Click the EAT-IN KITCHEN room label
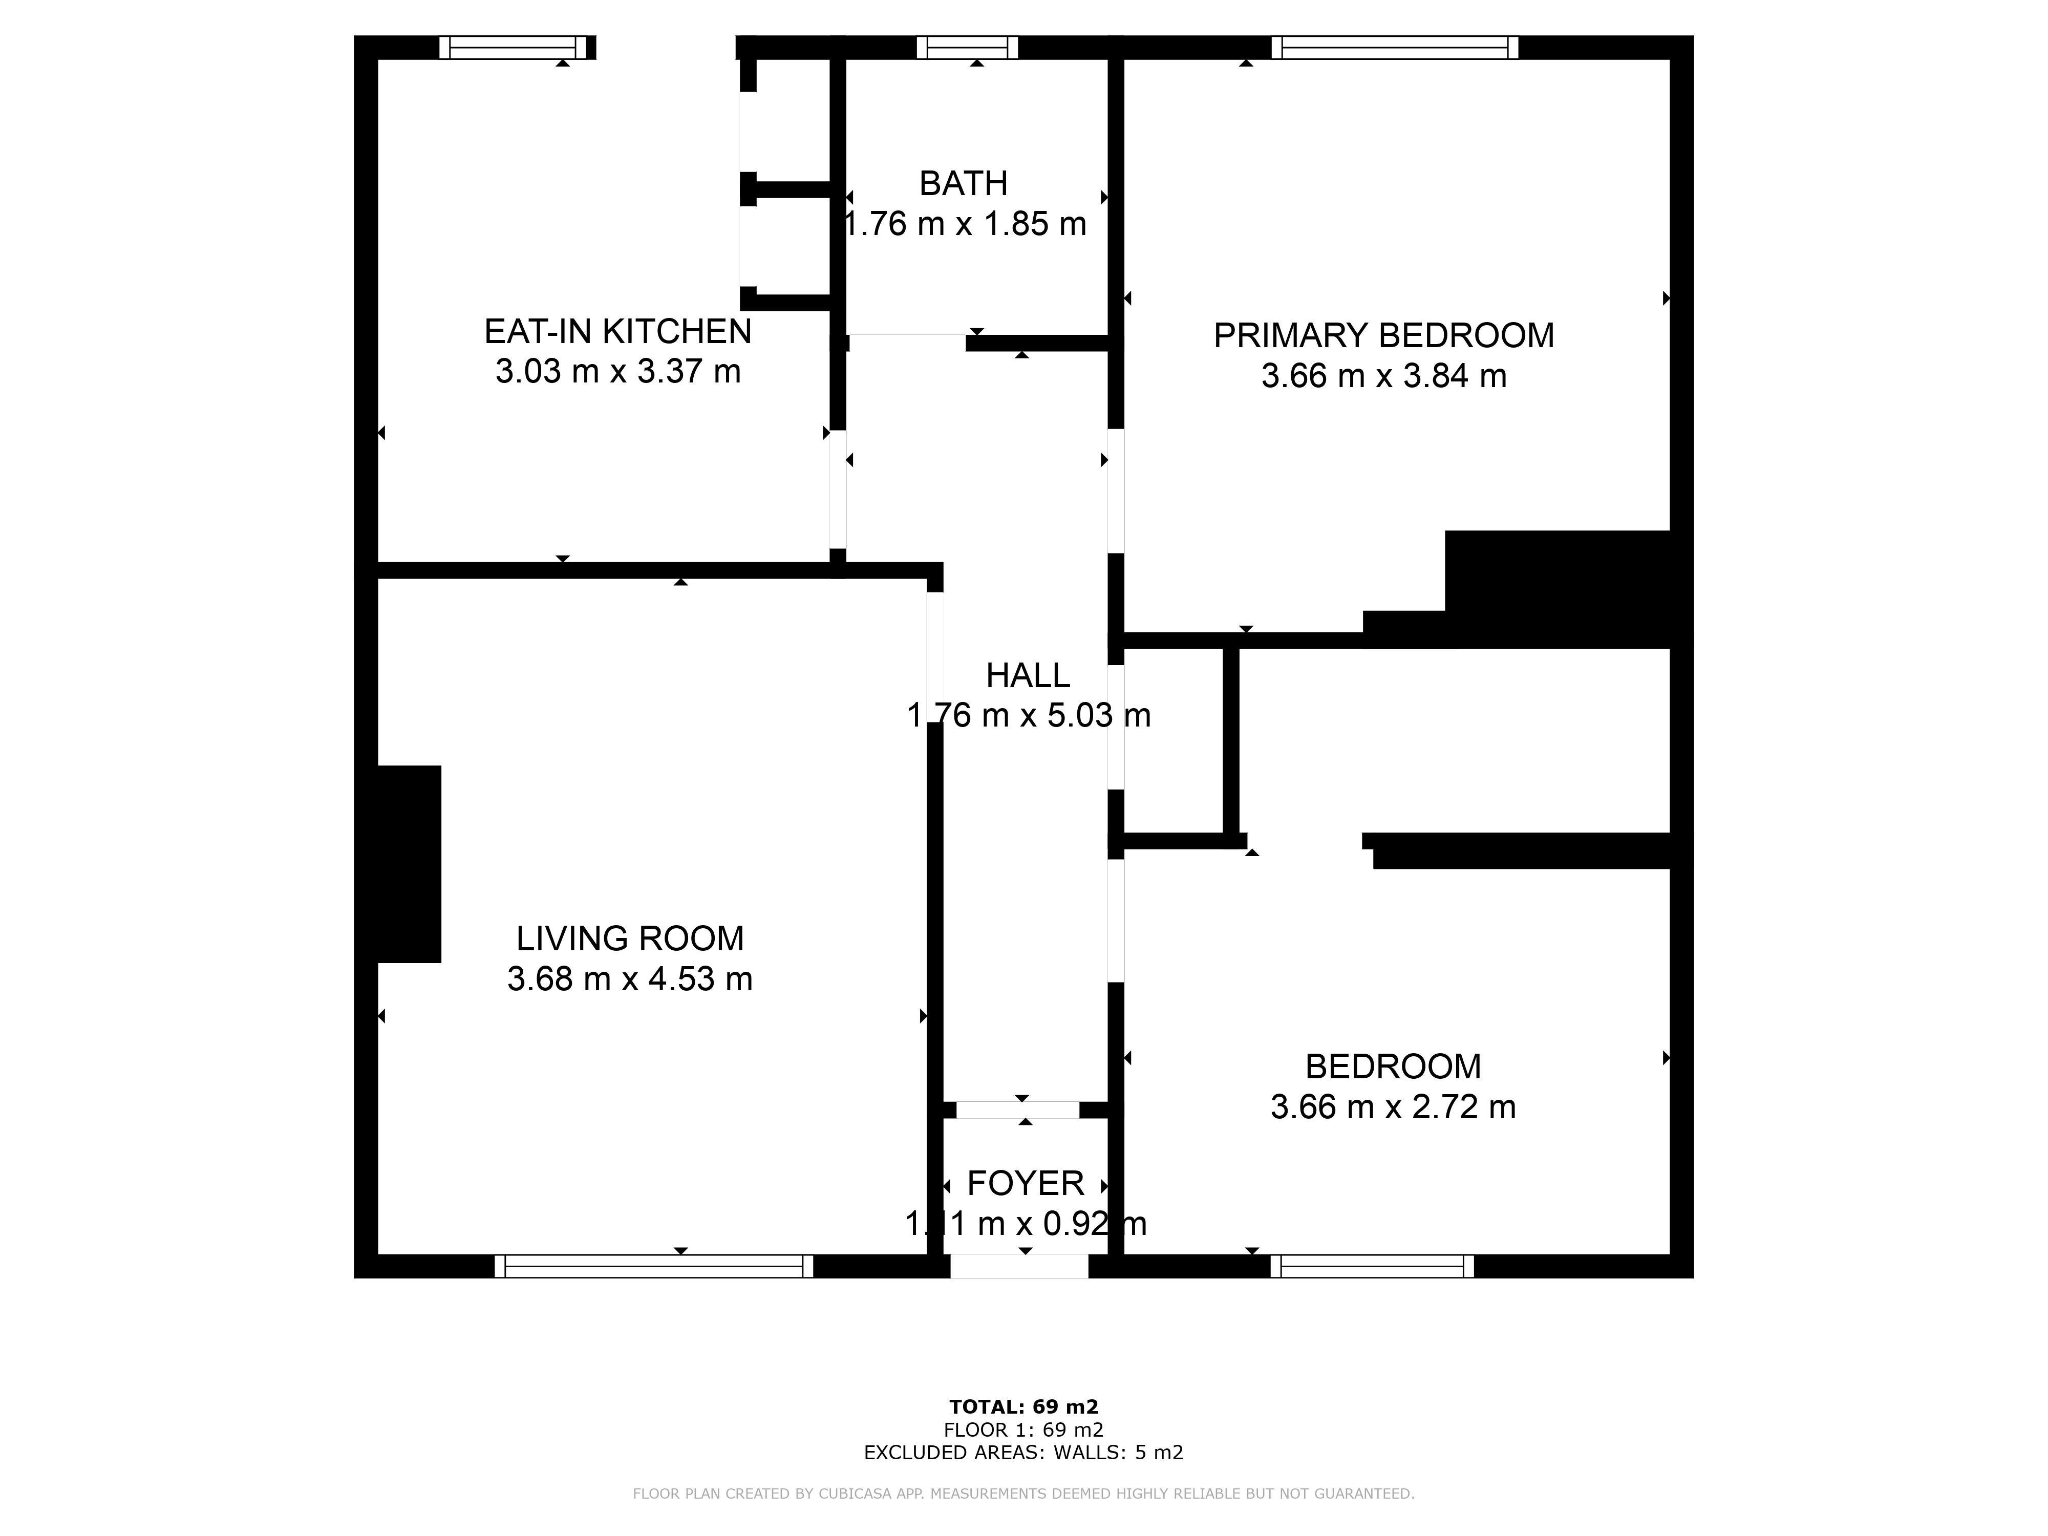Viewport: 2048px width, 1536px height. [x=617, y=331]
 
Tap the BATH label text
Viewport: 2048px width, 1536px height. [x=963, y=184]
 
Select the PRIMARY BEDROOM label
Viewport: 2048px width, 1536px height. [x=1384, y=336]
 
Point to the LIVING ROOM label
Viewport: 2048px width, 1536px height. [x=630, y=939]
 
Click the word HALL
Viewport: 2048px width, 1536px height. [x=1028, y=676]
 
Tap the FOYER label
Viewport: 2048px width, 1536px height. [x=1025, y=1183]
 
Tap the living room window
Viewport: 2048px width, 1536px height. [x=654, y=1267]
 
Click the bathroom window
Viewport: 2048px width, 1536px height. [x=968, y=47]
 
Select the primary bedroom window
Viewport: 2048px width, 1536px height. [x=1394, y=47]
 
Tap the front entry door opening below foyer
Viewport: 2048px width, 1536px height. [x=1019, y=1267]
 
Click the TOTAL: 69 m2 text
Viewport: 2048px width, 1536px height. [x=1024, y=1407]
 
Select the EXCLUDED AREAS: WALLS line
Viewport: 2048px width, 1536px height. [x=1024, y=1453]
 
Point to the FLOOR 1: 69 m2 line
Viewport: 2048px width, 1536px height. [x=1024, y=1431]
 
